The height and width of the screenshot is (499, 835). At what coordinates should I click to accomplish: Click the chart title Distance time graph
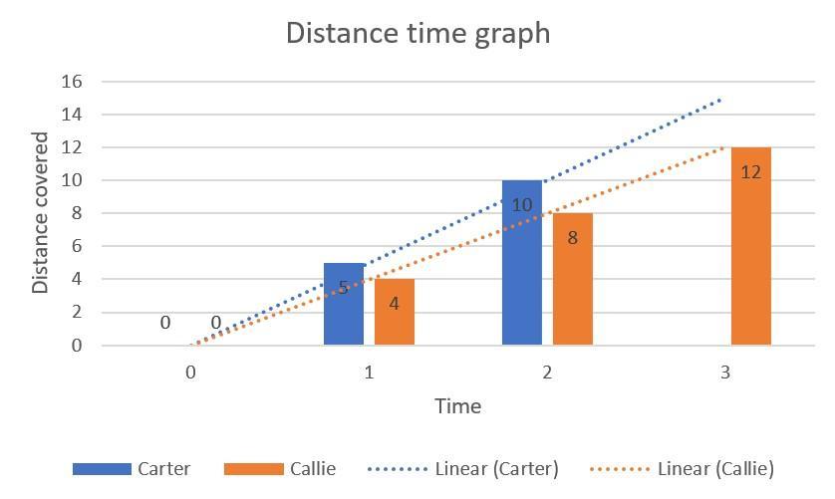coord(417,33)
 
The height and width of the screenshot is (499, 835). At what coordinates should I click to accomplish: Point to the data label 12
coord(751,172)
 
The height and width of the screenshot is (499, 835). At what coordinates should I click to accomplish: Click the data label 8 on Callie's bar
coord(573,239)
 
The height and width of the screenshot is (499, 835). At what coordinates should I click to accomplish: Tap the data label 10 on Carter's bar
coord(522,206)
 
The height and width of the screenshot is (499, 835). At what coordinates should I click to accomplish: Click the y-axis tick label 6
coord(76,247)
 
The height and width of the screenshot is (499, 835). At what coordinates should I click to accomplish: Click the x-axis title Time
coord(457,406)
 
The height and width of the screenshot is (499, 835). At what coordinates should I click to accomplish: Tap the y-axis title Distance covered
coord(41,213)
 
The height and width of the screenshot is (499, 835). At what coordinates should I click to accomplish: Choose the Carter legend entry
coord(132,469)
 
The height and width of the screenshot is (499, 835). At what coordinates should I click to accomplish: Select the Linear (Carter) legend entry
coord(464,469)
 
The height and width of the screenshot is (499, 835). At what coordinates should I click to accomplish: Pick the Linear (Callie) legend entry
coord(683,469)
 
